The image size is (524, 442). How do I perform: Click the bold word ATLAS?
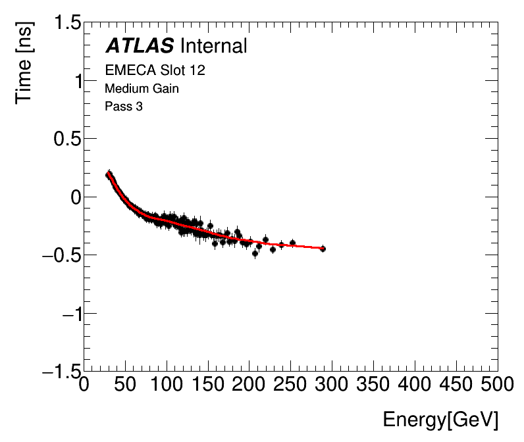140,46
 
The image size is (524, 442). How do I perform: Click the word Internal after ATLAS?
213,46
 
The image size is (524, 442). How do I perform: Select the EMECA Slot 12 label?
155,70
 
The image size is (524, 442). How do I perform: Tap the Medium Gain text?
142,88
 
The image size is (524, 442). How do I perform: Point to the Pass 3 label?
124,106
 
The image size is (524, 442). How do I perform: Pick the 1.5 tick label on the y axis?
64,24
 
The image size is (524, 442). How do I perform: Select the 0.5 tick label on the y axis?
64,139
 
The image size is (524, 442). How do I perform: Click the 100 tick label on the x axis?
167,384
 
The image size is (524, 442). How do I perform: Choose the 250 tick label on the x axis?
291,384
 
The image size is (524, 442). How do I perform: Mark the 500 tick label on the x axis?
498,384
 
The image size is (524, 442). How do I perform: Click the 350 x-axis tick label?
374,384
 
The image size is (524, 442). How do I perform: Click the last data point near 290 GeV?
323,249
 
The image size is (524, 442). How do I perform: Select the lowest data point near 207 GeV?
255,253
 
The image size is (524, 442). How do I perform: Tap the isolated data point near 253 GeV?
292,243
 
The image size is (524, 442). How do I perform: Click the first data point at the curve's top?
109,174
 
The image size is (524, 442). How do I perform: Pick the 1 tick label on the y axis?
76,82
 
